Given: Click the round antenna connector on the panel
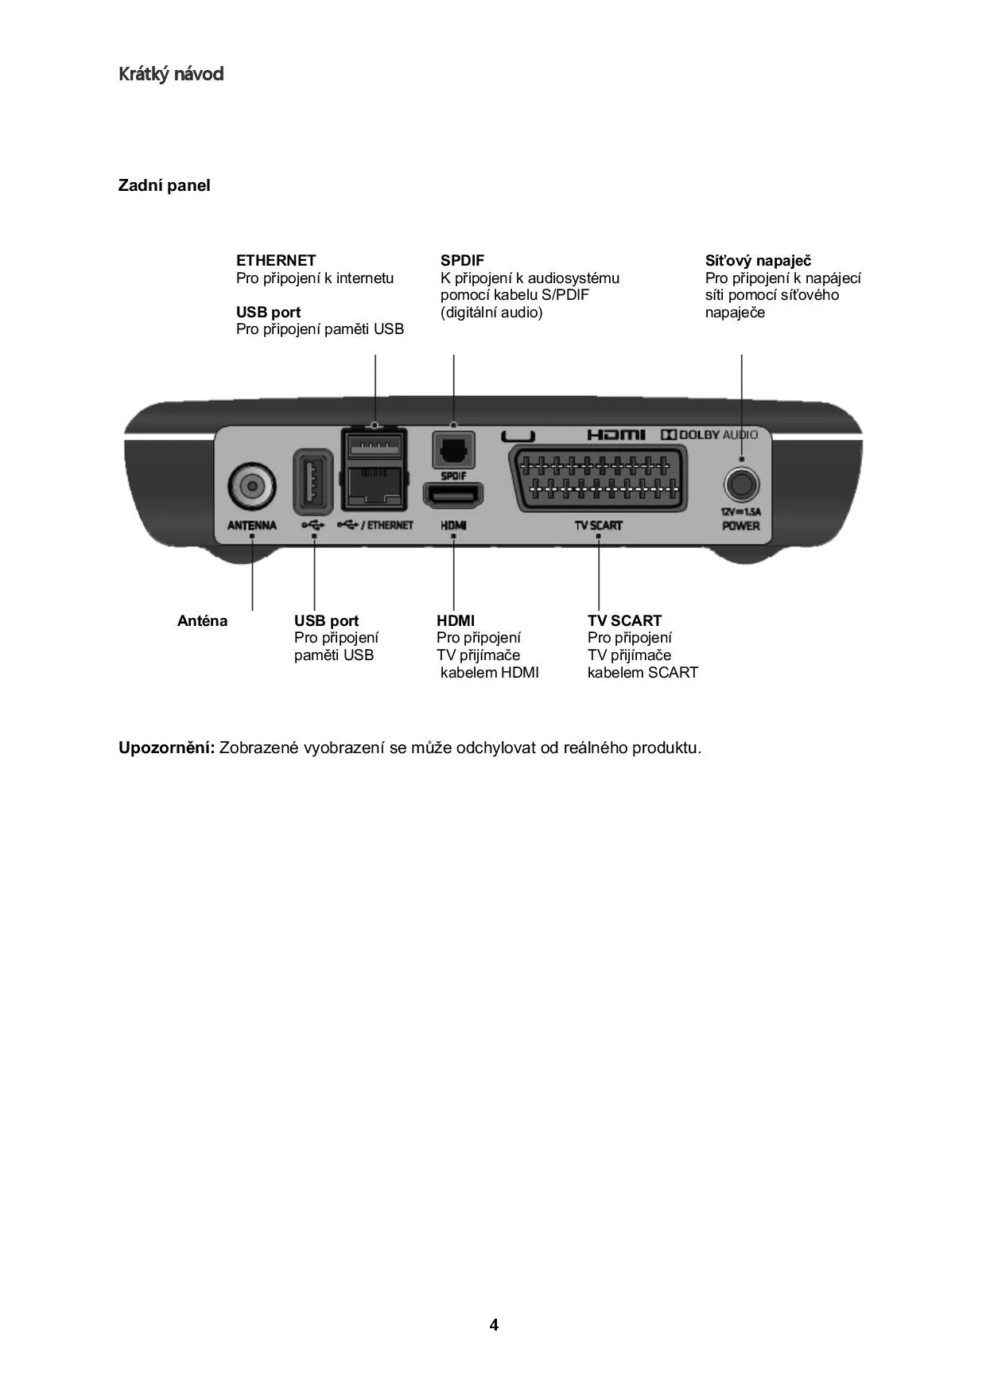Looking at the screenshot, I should pos(252,485).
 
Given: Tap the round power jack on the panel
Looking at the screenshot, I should pos(741,484).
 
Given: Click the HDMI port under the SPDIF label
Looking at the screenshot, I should pos(453,495).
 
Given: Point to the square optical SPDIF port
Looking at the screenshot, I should pos(453,450).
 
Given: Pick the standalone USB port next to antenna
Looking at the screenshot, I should pos(312,481).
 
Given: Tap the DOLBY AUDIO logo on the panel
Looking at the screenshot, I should pos(709,434).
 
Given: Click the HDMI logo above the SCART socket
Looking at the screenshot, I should pos(616,434).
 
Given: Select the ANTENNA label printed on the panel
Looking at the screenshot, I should pos(252,525).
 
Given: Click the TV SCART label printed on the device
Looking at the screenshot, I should pos(598,525).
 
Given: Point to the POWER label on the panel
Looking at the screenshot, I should pos(741,526).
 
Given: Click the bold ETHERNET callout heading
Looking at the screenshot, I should pos(276,260).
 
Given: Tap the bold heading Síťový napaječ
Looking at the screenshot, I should pos(758,260).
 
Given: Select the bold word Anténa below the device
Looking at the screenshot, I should pos(202,620).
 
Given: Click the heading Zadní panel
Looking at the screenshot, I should pos(164,185).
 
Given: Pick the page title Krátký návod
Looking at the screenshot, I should pos(171,74).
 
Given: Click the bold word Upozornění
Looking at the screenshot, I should pos(166,748).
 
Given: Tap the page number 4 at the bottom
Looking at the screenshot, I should pos(494,1325).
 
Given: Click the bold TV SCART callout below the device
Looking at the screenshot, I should pos(624,620).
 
